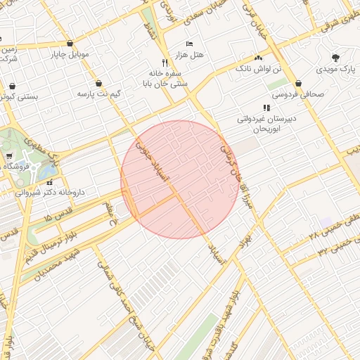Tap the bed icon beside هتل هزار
188,44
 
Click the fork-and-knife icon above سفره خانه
165,62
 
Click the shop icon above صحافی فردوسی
299,82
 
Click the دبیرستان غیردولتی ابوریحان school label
266,124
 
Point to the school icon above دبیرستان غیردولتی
266,108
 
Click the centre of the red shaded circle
180,179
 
